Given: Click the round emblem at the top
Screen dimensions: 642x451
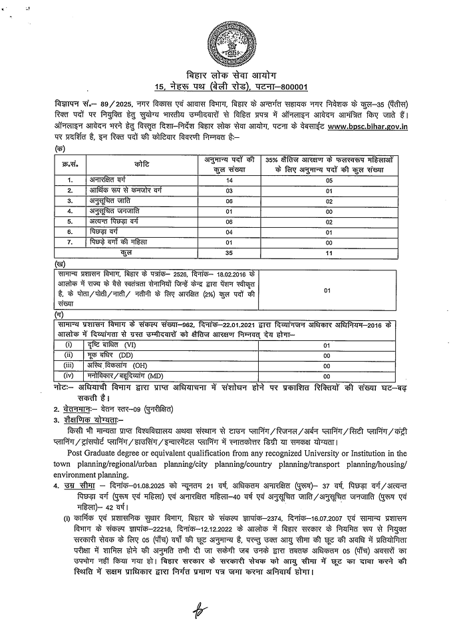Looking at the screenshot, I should click(x=229, y=40).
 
